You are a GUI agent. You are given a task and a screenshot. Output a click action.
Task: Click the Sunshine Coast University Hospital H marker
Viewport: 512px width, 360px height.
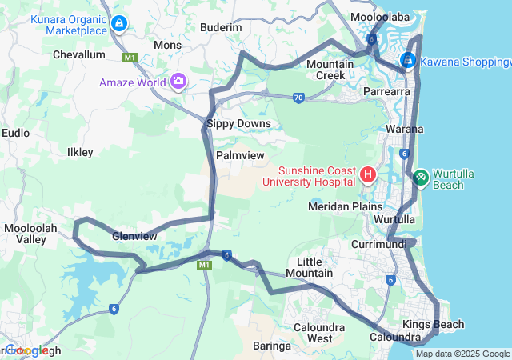pyautogui.click(x=368, y=174)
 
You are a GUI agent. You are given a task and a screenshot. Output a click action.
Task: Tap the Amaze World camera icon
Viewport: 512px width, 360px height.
pyautogui.click(x=178, y=82)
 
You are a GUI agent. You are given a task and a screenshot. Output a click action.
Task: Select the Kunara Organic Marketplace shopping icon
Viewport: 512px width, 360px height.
pyautogui.click(x=119, y=23)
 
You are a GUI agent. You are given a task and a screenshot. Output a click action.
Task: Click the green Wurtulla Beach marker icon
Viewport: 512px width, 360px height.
pyautogui.click(x=421, y=178)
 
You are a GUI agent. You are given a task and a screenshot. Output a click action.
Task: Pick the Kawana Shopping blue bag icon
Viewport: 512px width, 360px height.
pyautogui.click(x=407, y=60)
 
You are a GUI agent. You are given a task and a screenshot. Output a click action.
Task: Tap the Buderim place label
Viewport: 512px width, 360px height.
pyautogui.click(x=220, y=27)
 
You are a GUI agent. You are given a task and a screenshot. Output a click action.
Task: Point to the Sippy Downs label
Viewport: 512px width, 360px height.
pyautogui.click(x=238, y=124)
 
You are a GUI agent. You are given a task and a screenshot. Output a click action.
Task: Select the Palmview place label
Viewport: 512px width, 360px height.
pyautogui.click(x=240, y=154)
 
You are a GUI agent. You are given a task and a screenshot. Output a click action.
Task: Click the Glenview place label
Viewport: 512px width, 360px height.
pyautogui.click(x=134, y=236)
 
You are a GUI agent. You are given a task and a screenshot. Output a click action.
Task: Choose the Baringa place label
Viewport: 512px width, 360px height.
pyautogui.click(x=271, y=346)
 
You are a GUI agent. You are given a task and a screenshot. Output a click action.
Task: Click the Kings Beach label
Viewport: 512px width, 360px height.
pyautogui.click(x=433, y=324)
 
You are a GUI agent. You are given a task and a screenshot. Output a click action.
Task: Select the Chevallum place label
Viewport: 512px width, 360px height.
pyautogui.click(x=78, y=54)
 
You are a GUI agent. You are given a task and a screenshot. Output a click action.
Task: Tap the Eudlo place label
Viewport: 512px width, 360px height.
pyautogui.click(x=16, y=133)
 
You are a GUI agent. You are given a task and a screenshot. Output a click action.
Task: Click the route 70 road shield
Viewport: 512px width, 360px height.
pyautogui.click(x=298, y=98)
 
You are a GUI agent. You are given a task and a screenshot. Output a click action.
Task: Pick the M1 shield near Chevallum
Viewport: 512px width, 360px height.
pyautogui.click(x=130, y=58)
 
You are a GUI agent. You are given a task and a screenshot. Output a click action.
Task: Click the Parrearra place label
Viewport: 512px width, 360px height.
pyautogui.click(x=386, y=93)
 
